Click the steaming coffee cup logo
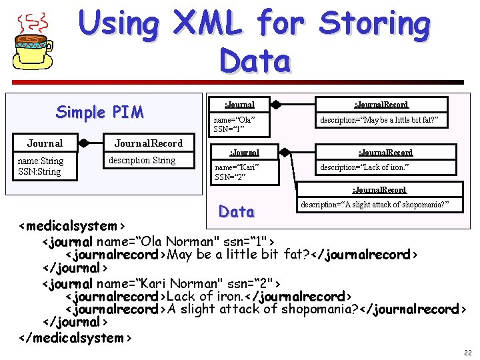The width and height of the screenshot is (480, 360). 33,41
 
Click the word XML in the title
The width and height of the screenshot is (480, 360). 208,24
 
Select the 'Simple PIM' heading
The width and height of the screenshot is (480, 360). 100,111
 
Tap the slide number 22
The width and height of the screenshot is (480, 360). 466,351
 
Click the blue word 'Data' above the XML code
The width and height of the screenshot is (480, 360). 237,211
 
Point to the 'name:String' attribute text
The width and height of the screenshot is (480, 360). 41,161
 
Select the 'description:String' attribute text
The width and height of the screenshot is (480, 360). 142,160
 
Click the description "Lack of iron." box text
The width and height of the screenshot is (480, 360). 365,167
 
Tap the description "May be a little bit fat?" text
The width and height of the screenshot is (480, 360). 382,119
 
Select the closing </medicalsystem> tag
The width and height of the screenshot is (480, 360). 75,337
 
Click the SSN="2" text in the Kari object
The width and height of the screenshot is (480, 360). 230,177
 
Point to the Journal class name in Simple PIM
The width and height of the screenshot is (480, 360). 45,143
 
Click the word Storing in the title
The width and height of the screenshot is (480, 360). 375,24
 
